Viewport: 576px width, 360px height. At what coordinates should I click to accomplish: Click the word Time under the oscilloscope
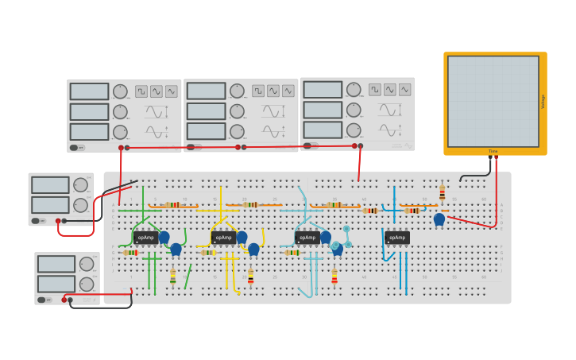coord(493,151)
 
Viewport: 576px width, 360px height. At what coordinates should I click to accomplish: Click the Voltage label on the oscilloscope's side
coord(543,101)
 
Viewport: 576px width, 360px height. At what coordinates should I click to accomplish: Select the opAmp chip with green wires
coord(145,237)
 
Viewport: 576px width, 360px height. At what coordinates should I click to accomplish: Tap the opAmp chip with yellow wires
coord(224,237)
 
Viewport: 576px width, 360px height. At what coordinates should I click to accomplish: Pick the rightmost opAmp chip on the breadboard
coord(397,237)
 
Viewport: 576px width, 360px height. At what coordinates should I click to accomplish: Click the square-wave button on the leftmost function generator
coord(141,91)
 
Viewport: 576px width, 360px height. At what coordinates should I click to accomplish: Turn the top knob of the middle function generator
coord(237,91)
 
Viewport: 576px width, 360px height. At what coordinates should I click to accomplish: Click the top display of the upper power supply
coord(50,185)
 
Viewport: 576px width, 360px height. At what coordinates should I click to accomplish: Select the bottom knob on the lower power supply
coord(87,284)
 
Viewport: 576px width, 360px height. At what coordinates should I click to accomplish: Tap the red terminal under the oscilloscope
coord(497,157)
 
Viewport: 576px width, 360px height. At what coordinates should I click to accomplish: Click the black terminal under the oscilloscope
coord(489,157)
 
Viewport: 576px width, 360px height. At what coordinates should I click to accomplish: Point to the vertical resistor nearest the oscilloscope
coord(443,192)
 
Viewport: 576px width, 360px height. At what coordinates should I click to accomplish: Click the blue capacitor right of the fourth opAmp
coord(439,219)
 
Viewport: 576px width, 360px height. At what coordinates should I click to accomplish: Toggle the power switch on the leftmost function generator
coord(74,147)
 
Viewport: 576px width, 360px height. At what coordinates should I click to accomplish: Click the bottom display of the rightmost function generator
coord(323,130)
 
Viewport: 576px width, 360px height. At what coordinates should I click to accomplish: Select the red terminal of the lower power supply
coord(64,300)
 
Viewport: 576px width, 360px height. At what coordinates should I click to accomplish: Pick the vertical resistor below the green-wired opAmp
coord(173,277)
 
